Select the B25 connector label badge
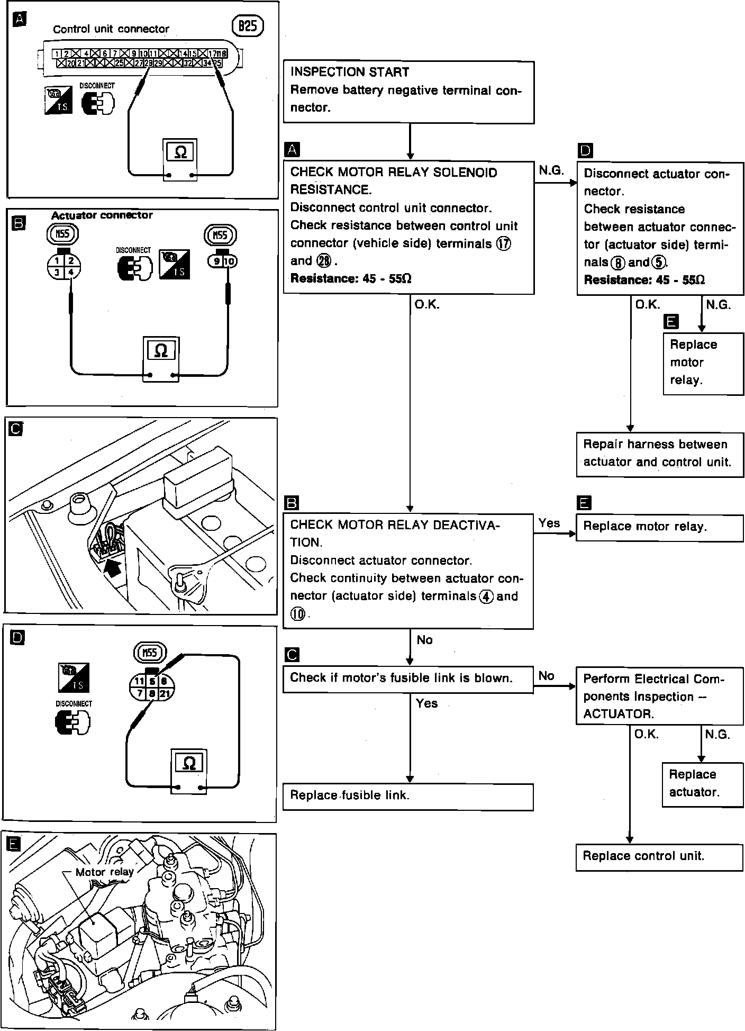pos(247,26)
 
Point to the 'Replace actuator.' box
pos(702,784)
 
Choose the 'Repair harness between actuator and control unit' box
pos(659,454)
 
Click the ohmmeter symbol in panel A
pos(180,153)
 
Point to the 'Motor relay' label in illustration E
pos(104,872)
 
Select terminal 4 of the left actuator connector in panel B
pos(70,272)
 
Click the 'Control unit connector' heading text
pos(111,29)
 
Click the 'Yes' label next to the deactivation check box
pos(549,523)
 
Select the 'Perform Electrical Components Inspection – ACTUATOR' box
pos(659,696)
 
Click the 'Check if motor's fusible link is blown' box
pos(408,679)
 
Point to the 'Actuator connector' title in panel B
pos(102,215)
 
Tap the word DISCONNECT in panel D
pos(74,704)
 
